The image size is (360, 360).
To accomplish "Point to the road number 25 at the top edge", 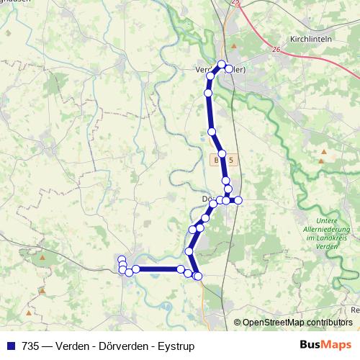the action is [235, 3].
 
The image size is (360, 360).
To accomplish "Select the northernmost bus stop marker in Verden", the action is [222, 64].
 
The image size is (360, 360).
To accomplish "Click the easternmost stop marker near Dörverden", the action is [238, 199].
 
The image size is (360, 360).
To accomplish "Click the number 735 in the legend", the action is [31, 346].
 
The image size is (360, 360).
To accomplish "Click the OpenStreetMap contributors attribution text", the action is [297, 322].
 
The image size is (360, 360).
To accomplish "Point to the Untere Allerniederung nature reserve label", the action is [317, 233].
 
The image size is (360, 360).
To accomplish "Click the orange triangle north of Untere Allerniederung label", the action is [323, 152].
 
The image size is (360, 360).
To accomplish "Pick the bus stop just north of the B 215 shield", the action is [222, 154].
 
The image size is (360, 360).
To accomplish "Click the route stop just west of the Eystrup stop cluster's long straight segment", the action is [135, 269].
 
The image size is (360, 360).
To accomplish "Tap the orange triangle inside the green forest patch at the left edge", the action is [43, 257].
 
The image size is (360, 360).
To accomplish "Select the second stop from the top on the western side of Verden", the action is [209, 93].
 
